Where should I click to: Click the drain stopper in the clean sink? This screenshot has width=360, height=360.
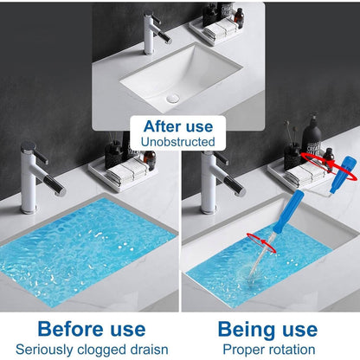tap(173, 99)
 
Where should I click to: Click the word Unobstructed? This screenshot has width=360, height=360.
tap(178, 142)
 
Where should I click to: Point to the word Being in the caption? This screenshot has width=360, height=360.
tap(247, 330)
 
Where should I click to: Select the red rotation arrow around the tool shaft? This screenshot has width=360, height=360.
tap(261, 242)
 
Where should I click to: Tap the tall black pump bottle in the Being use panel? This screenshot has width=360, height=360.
tap(312, 136)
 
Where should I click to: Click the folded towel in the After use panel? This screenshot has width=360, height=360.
tap(221, 29)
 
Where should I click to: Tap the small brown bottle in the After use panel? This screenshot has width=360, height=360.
tap(239, 18)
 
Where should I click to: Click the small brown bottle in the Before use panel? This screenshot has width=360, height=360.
tap(150, 160)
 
